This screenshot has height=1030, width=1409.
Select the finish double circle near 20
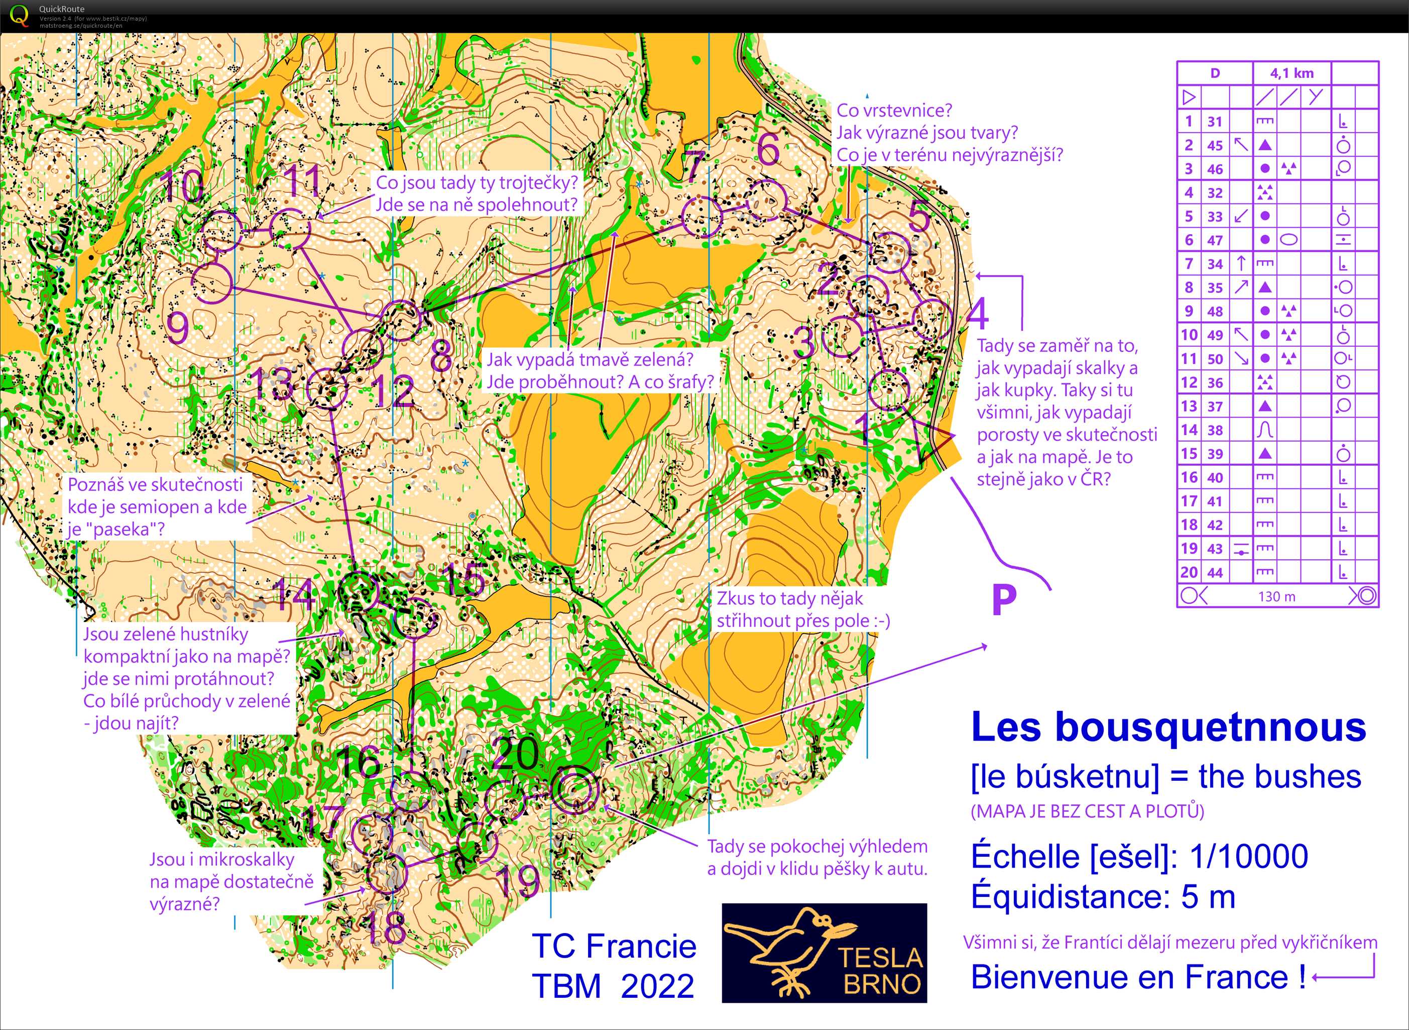point(574,790)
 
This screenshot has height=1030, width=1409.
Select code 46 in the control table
point(1215,169)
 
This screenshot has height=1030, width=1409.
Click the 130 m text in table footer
point(1276,597)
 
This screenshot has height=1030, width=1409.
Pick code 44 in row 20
point(1215,572)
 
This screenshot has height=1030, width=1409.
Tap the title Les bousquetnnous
point(1168,727)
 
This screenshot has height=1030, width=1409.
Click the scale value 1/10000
point(1248,857)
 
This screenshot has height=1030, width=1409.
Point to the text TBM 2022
point(613,986)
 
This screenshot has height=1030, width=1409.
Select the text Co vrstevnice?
point(894,111)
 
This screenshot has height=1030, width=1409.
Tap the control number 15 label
point(464,579)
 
